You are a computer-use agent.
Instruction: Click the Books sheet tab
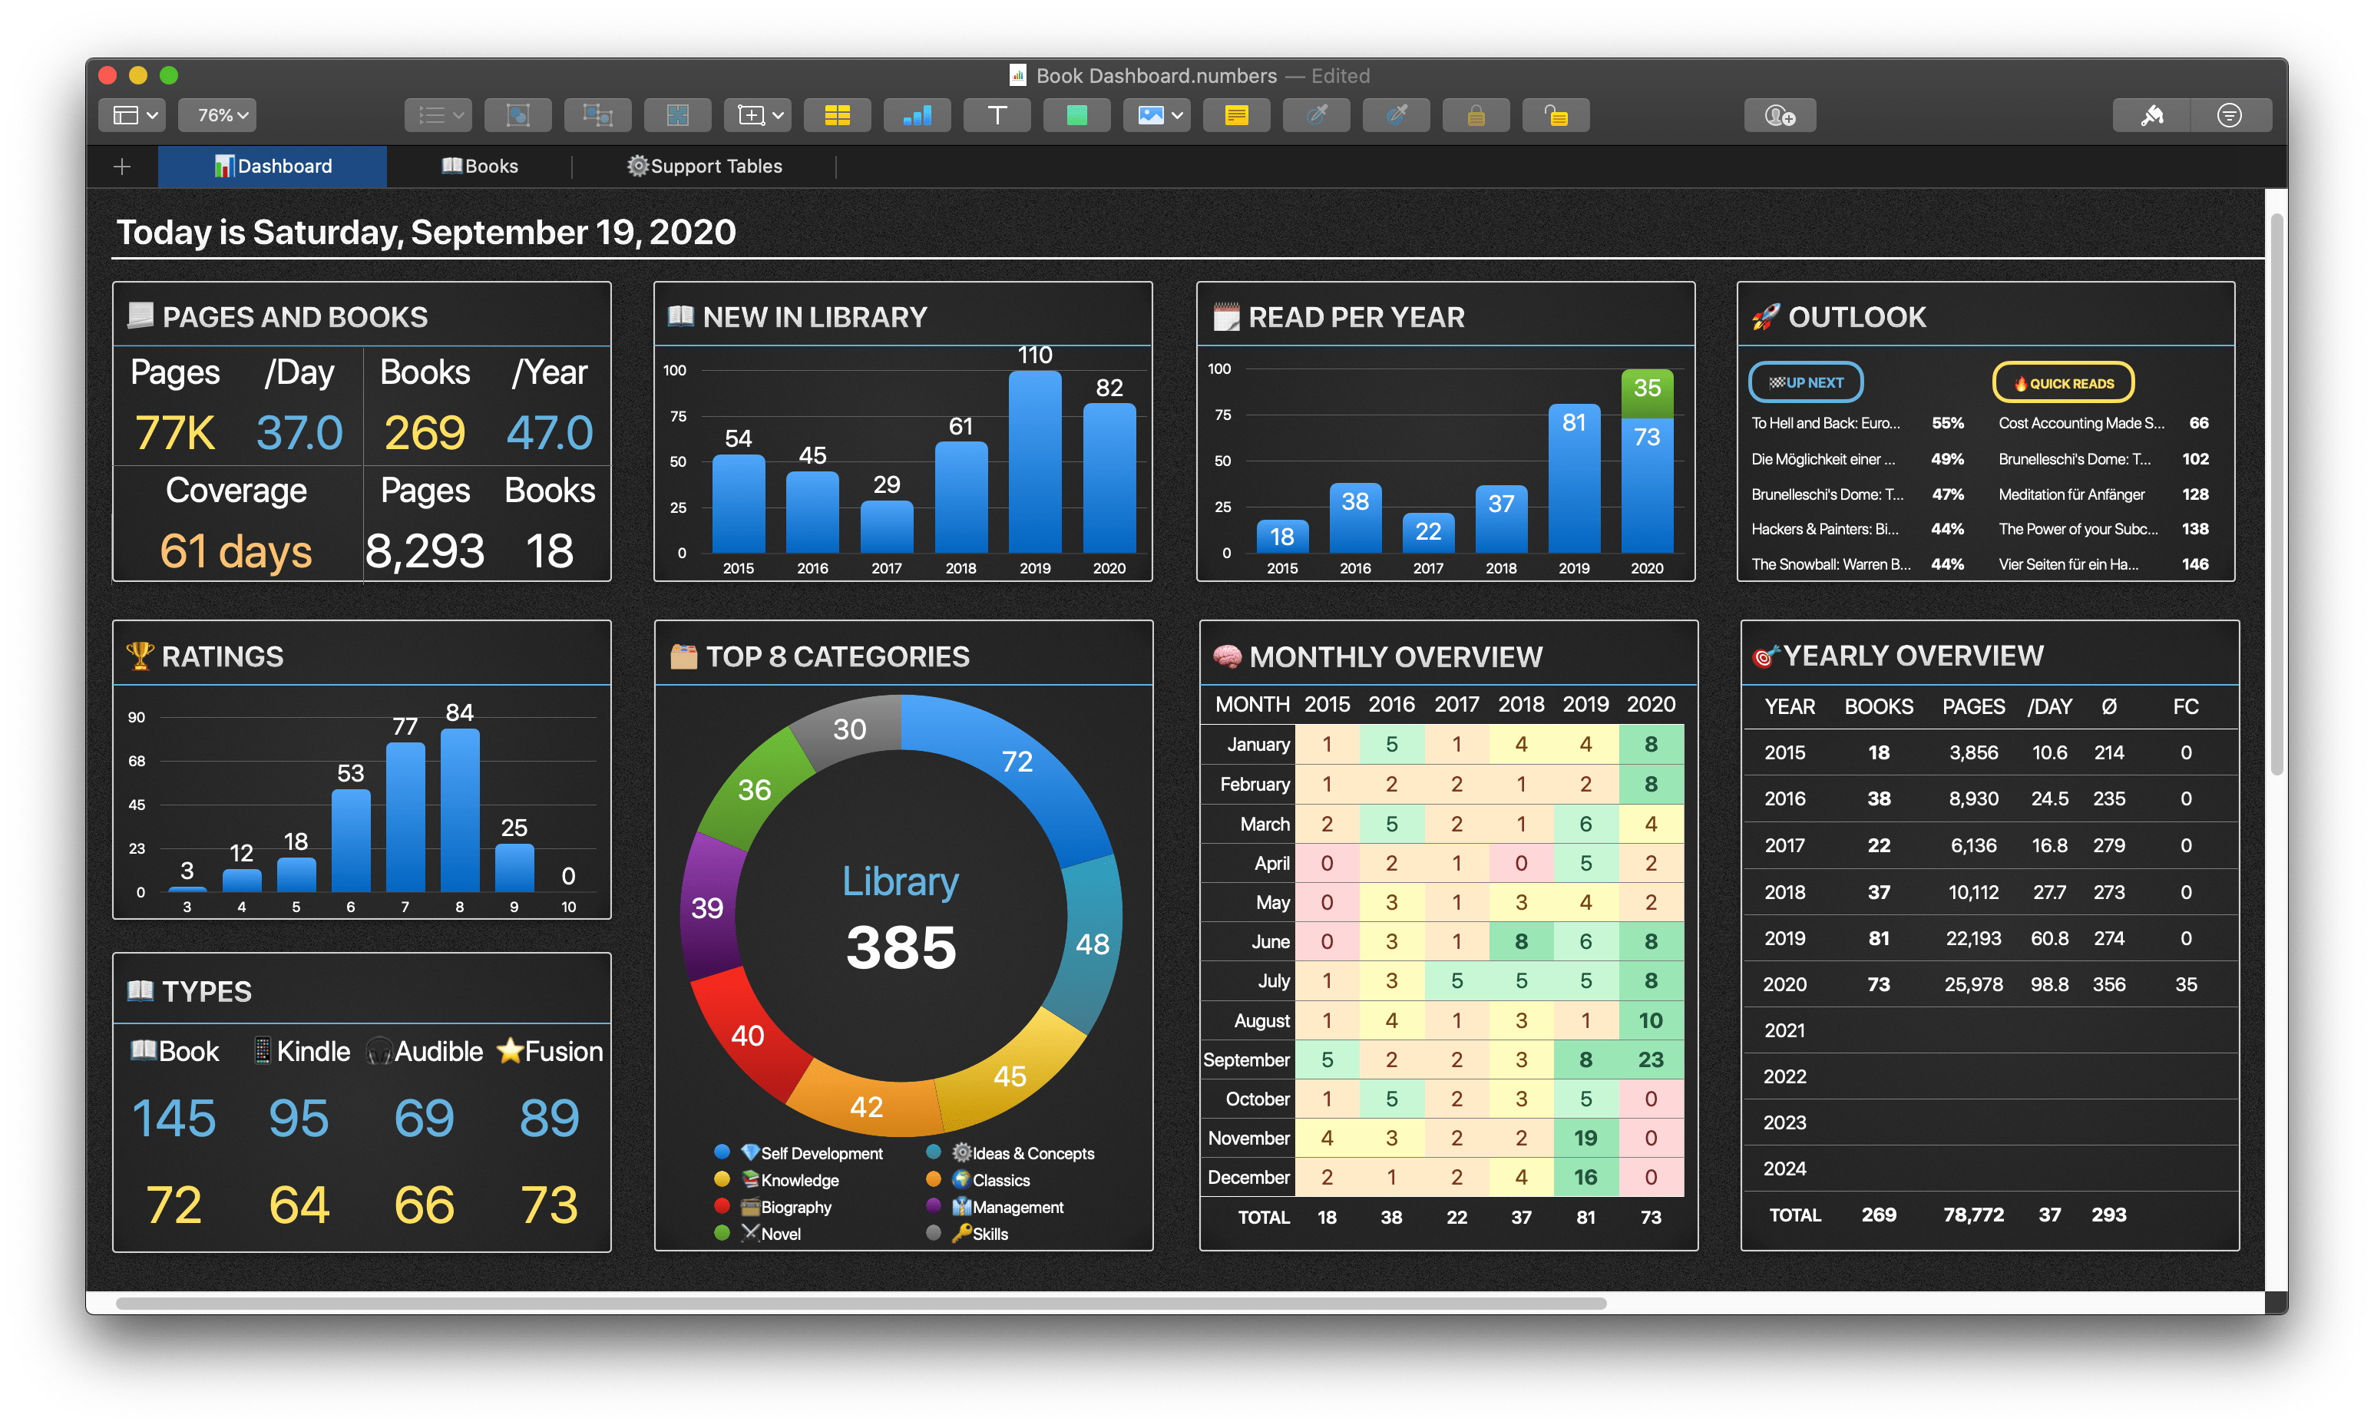[x=480, y=167]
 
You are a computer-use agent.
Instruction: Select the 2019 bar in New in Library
[x=1034, y=462]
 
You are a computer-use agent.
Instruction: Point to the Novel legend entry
[x=779, y=1234]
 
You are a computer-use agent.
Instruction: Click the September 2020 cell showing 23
[x=1650, y=1059]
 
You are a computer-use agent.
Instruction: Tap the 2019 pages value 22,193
[x=1972, y=938]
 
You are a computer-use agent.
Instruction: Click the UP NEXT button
[x=1805, y=383]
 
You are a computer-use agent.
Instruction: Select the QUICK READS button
[x=2062, y=383]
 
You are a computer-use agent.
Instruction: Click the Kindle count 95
[x=299, y=1118]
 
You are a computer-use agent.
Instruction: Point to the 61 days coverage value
[x=236, y=551]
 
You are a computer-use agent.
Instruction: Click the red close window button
[x=107, y=75]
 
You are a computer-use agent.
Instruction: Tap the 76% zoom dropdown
[x=217, y=115]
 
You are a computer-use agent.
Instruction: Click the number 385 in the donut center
[x=901, y=947]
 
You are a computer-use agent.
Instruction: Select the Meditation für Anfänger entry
[x=2071, y=494]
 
